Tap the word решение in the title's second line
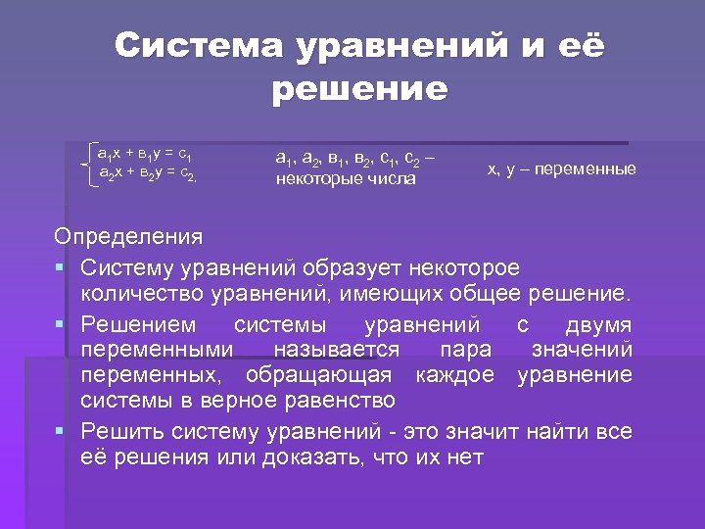point(359,90)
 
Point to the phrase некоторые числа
point(346,179)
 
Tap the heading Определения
point(128,237)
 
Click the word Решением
point(137,324)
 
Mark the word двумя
point(598,324)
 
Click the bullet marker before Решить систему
point(61,431)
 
